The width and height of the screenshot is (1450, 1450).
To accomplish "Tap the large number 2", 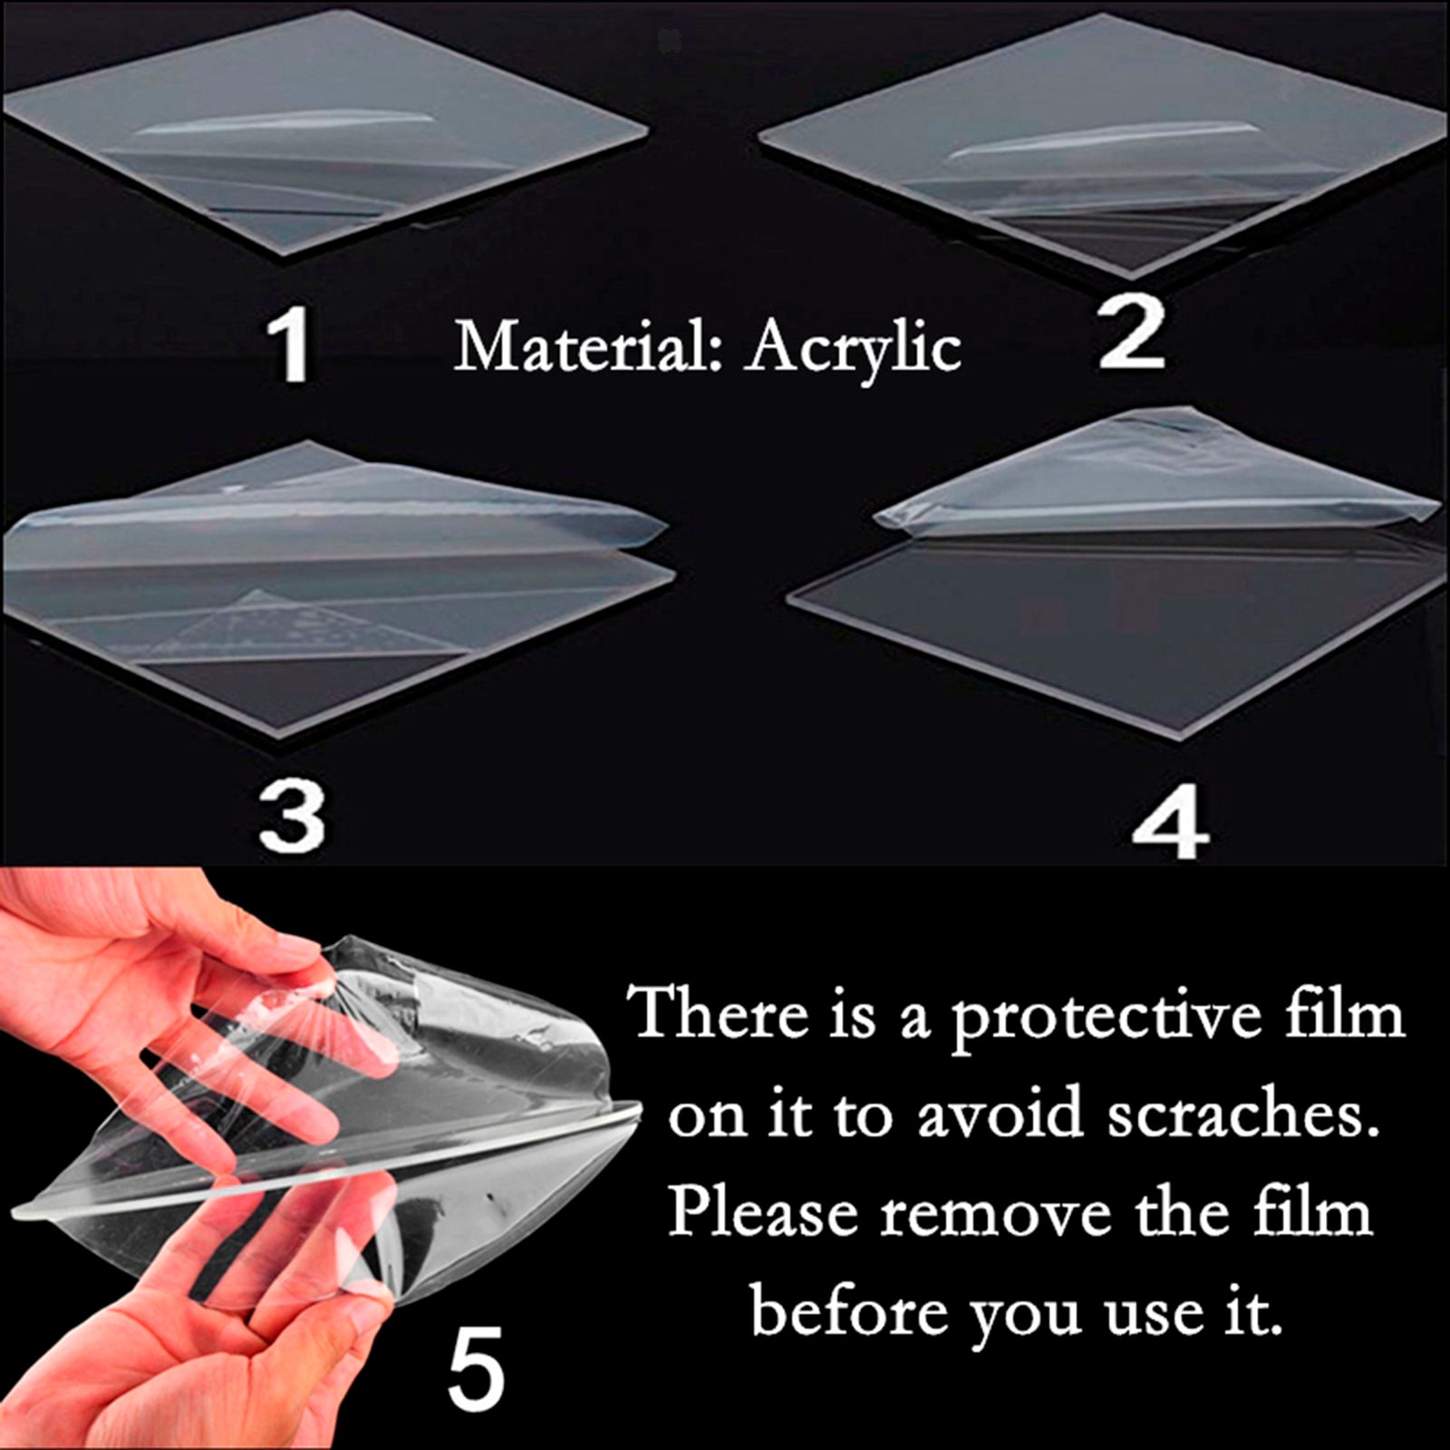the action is pyautogui.click(x=1132, y=332).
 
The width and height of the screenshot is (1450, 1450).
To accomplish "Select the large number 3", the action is pyautogui.click(x=291, y=817).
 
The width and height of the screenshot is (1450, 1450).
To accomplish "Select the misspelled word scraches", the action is pyautogui.click(x=1236, y=1115).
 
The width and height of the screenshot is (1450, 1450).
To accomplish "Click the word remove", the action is pyautogui.click(x=996, y=1215).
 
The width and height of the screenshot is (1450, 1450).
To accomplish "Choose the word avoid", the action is pyautogui.click(x=1000, y=1114).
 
